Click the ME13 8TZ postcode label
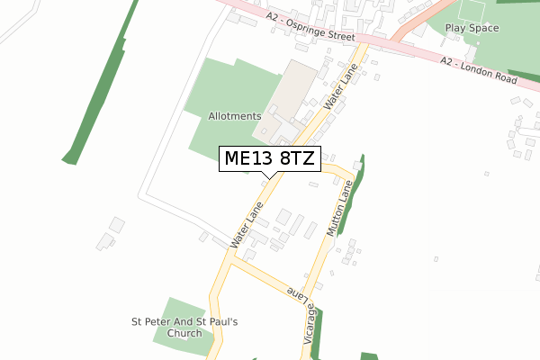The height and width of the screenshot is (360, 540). (269, 159)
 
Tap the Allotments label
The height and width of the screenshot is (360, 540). (234, 116)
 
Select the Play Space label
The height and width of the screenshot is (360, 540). (472, 28)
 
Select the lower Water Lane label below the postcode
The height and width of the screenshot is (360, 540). (246, 225)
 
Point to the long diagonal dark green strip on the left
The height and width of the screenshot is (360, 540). (99, 85)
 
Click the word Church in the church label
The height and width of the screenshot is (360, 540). (184, 333)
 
